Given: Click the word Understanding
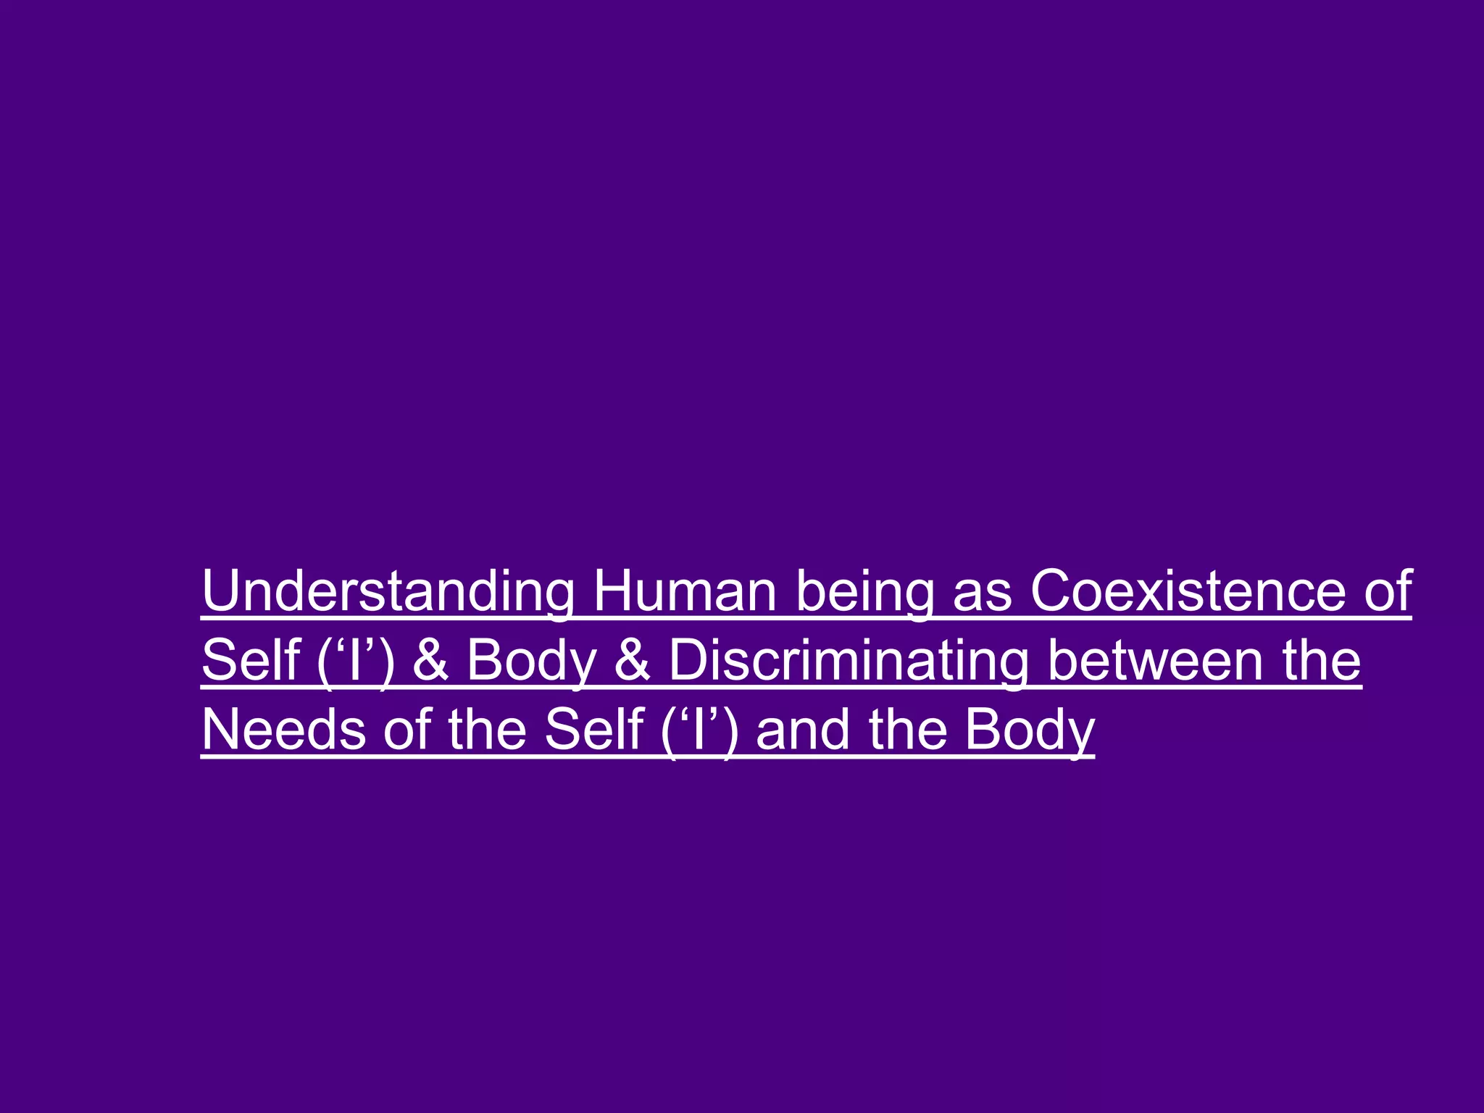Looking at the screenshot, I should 388,591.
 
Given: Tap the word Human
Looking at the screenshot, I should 685,591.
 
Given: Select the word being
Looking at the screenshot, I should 864,591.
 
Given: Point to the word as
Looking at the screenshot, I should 982,591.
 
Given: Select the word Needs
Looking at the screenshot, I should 283,730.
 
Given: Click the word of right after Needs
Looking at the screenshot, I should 407,730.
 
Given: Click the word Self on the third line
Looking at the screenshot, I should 594,730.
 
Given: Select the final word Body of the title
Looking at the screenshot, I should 1029,730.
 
